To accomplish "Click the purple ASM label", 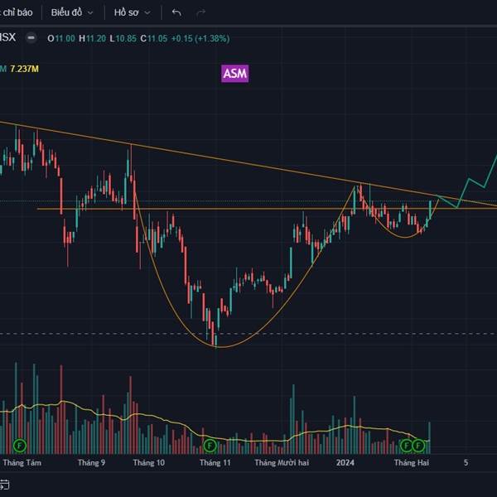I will tap(235, 74).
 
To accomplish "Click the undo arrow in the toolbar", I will tap(176, 13).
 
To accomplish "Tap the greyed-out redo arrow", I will tap(200, 13).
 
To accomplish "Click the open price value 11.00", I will tap(63, 38).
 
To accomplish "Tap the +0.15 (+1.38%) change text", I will tap(200, 38).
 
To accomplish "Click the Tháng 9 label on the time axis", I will tap(91, 462).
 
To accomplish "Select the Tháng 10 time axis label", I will tap(149, 462).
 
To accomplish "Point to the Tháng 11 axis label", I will tap(215, 462).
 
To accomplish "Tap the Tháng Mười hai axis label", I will tap(282, 462).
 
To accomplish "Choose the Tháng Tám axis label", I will tap(22, 462).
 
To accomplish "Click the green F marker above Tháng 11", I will tap(210, 445).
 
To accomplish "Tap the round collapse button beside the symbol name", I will tap(31, 37).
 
